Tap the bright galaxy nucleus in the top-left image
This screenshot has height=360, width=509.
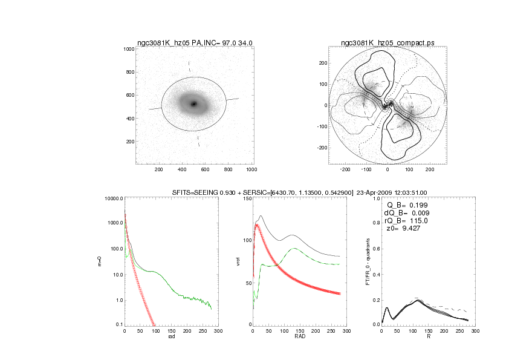point(194,103)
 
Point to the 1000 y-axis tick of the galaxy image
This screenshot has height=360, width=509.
point(128,50)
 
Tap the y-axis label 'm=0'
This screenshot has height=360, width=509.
point(100,261)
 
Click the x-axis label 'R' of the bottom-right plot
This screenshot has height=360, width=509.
point(428,337)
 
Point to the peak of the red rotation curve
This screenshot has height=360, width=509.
point(258,225)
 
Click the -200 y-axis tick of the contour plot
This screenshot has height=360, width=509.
point(323,148)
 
